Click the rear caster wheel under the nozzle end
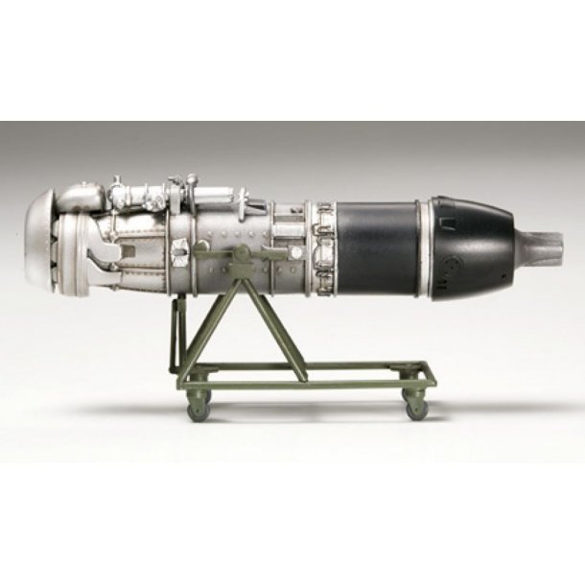pos(416,407)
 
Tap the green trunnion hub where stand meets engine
pos(244,255)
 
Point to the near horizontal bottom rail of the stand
pos(307,386)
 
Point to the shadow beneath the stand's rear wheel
pos(422,419)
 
